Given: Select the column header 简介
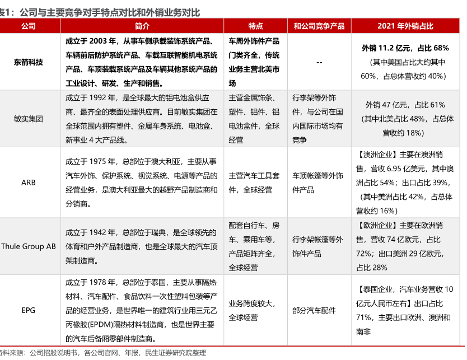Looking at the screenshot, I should click(142, 26).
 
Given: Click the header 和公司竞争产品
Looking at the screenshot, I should click(319, 26).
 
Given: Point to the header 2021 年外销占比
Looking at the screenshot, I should click(405, 26).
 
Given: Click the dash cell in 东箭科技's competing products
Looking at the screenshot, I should click(319, 62).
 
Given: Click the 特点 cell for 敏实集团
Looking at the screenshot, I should click(254, 119).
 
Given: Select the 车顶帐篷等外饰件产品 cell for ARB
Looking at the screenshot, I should click(317, 183).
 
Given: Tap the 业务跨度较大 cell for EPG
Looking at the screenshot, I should click(251, 303).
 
